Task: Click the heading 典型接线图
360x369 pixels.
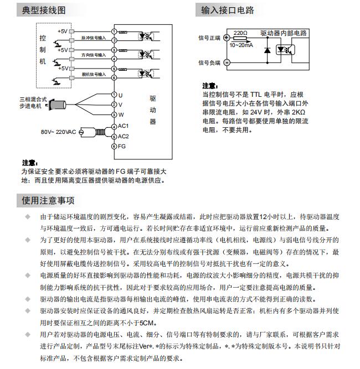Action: pyautogui.click(x=44, y=11)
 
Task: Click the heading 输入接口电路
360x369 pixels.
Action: pyautogui.click(x=228, y=11)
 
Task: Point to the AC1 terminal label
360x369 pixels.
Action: pyautogui.click(x=123, y=126)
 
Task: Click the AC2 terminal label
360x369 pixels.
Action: pyautogui.click(x=123, y=136)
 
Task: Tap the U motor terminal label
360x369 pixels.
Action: pyautogui.click(x=120, y=95)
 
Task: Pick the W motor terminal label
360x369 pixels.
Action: pyautogui.click(x=120, y=115)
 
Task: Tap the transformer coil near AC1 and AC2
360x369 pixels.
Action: pyautogui.click(x=99, y=131)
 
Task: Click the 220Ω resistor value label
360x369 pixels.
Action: pyautogui.click(x=240, y=33)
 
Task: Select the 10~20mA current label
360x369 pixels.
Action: pyautogui.click(x=241, y=45)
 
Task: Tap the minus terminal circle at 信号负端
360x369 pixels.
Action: pyautogui.click(x=225, y=63)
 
